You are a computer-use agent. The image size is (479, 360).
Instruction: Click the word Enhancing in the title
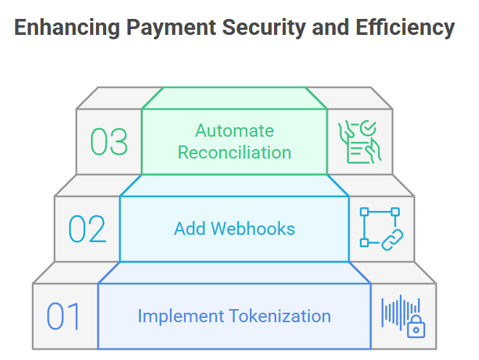tap(67, 28)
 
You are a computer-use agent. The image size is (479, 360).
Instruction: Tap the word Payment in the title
tap(172, 28)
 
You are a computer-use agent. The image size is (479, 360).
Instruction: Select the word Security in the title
tap(264, 28)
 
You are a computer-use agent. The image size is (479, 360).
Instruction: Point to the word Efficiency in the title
tap(405, 28)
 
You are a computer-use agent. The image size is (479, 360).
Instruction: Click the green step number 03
tap(109, 142)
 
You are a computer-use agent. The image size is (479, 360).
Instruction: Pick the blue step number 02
tap(87, 229)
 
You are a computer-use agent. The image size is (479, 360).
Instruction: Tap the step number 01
tap(63, 316)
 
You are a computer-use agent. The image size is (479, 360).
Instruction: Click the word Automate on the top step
tap(234, 131)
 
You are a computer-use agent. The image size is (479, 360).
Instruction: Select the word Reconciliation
tap(234, 152)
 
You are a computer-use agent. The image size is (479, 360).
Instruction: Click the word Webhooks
tap(253, 228)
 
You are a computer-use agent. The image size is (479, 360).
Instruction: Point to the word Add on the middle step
tap(190, 228)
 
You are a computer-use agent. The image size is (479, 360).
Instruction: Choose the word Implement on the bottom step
tap(180, 316)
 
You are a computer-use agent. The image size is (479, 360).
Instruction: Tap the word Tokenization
tap(280, 316)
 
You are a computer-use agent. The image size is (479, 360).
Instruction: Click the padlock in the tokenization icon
tap(416, 327)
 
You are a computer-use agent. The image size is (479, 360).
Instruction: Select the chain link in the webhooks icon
tap(393, 240)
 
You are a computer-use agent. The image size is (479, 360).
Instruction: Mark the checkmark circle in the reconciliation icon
tap(368, 128)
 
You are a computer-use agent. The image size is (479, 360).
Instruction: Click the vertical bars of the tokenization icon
tap(400, 312)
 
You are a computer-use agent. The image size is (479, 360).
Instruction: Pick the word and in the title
tap(330, 28)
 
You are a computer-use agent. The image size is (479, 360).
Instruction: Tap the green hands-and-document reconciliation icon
tap(360, 142)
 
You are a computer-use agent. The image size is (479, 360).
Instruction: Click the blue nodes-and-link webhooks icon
tap(382, 229)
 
